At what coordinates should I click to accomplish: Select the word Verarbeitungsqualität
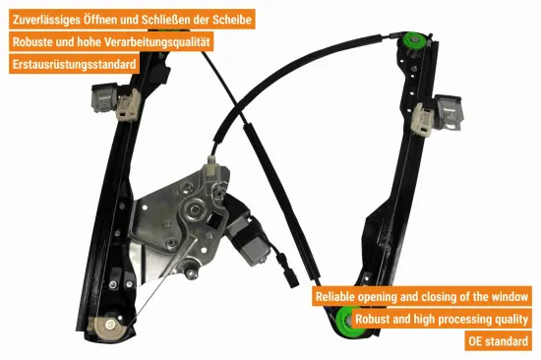click(x=157, y=42)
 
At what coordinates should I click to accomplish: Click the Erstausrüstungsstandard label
click(x=74, y=64)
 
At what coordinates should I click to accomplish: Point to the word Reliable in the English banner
click(x=335, y=296)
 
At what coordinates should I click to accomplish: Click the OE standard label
click(x=498, y=341)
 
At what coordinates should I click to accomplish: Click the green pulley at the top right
click(x=414, y=40)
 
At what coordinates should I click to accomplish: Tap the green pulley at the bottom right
click(x=347, y=321)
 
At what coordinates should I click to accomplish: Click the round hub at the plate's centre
click(x=195, y=210)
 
